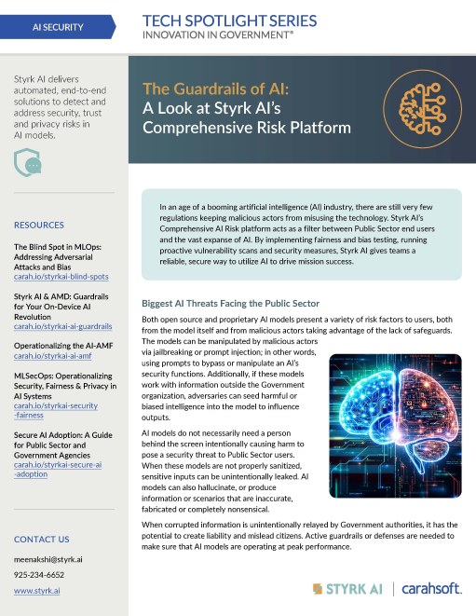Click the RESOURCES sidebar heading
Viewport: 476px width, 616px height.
pyautogui.click(x=39, y=225)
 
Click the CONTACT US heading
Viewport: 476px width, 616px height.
pyautogui.click(x=41, y=539)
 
